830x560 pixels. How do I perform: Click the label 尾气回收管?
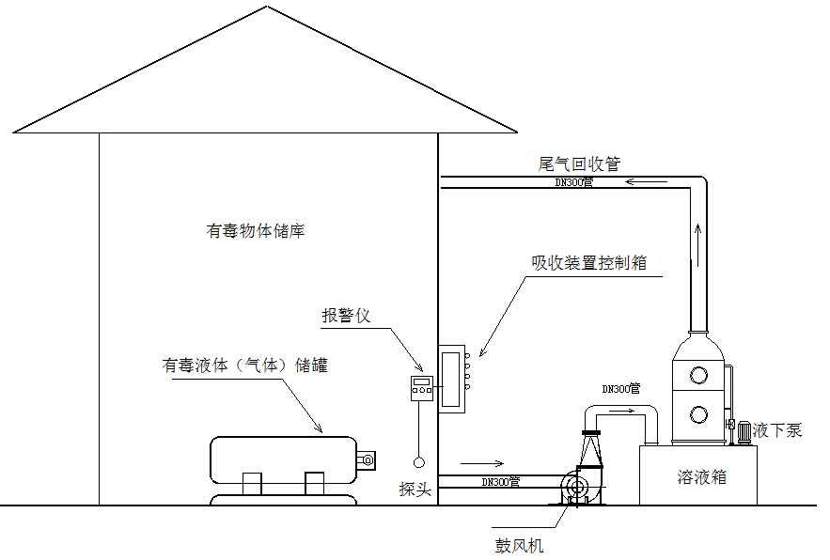click(579, 163)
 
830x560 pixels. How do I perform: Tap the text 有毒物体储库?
click(256, 230)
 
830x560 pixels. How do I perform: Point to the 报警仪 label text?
click(347, 316)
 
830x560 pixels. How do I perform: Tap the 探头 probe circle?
click(418, 461)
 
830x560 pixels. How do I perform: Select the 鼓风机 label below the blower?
click(520, 544)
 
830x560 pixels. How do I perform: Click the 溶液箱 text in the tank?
click(702, 477)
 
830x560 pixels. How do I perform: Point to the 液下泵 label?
click(777, 430)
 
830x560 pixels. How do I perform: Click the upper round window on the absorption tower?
click(698, 374)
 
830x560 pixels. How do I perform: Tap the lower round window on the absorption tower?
click(698, 414)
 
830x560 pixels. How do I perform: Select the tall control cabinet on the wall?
click(452, 377)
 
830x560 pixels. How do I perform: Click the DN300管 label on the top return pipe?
click(573, 182)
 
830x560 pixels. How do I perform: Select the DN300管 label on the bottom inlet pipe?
click(500, 482)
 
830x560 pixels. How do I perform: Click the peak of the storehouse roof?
click(267, 8)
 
